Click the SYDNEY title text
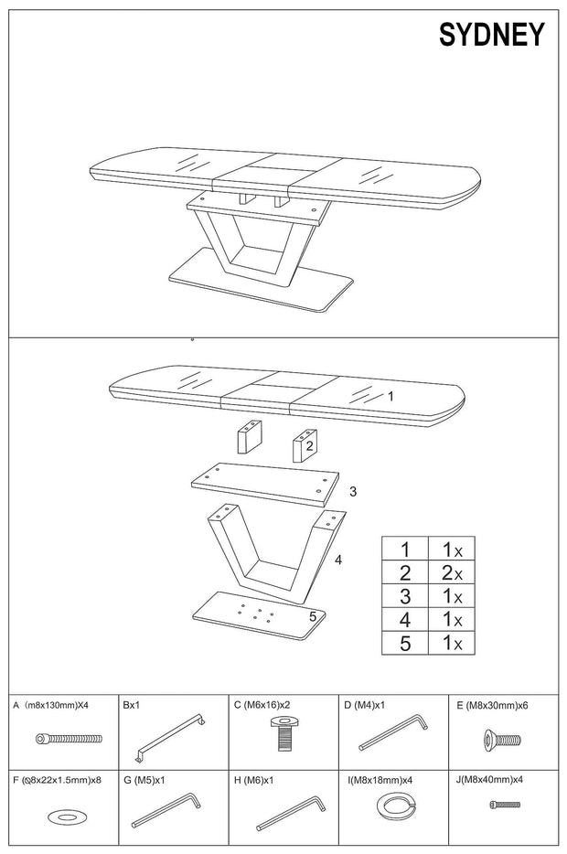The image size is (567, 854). [491, 35]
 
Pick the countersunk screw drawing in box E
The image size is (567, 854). [505, 739]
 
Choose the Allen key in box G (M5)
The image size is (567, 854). [169, 810]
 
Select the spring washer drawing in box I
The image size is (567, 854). [394, 807]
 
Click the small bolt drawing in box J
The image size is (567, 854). [504, 805]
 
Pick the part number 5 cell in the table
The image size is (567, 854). [404, 643]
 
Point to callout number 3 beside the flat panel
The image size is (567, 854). [352, 491]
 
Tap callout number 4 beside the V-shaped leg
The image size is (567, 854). [337, 559]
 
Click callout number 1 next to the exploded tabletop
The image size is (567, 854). [390, 396]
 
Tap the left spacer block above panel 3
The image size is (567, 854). [249, 437]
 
